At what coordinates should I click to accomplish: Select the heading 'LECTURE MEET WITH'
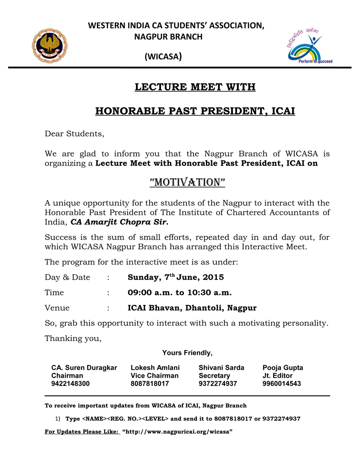click(195, 87)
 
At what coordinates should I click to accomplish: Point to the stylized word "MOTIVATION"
click(187, 182)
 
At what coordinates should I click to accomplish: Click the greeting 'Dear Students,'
click(74, 134)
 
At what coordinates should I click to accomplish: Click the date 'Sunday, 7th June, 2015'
click(176, 277)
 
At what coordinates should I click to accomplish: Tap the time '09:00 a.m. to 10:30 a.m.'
click(180, 293)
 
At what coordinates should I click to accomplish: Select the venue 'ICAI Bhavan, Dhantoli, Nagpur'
click(192, 308)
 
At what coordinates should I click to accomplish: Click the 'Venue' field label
click(57, 308)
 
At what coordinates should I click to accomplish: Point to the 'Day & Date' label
click(67, 277)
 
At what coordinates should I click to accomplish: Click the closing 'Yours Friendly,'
click(187, 353)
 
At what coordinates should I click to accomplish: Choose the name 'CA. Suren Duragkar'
click(84, 368)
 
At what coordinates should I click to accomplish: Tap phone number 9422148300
click(70, 384)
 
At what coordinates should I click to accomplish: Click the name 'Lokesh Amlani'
click(155, 368)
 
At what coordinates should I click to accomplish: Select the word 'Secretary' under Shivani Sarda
click(214, 376)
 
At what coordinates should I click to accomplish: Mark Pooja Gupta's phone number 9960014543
click(282, 384)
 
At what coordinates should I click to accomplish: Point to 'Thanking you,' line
click(73, 339)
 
